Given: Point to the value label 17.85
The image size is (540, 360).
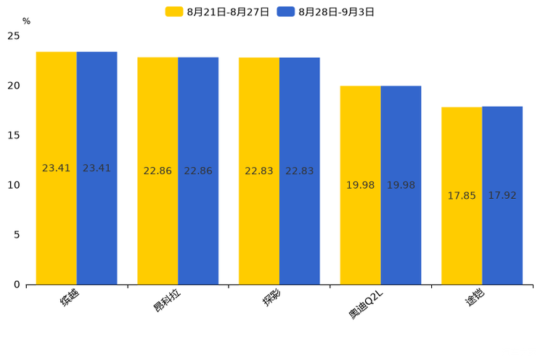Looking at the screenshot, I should [462, 196].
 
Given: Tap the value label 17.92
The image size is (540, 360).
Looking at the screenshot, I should [502, 196].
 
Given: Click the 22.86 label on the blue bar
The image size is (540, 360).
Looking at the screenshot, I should [198, 171].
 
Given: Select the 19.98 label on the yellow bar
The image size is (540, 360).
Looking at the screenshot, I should [360, 185].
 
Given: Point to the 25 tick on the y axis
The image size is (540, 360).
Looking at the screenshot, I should [14, 36].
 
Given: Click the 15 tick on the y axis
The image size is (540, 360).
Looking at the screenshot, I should [14, 135].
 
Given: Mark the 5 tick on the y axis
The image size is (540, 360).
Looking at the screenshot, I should [17, 234].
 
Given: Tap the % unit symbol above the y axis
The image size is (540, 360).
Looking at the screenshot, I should [26, 22].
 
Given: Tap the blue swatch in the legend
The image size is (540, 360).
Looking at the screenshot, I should [286, 12].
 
